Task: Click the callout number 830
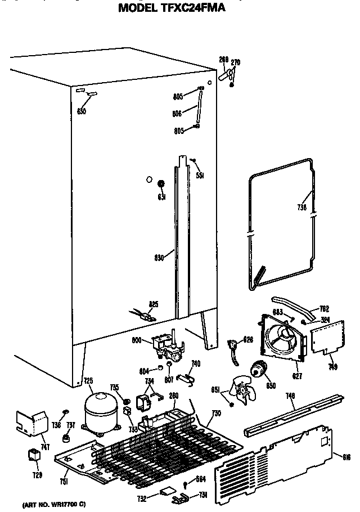click(159, 258)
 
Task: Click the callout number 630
click(82, 111)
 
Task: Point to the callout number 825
click(153, 304)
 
